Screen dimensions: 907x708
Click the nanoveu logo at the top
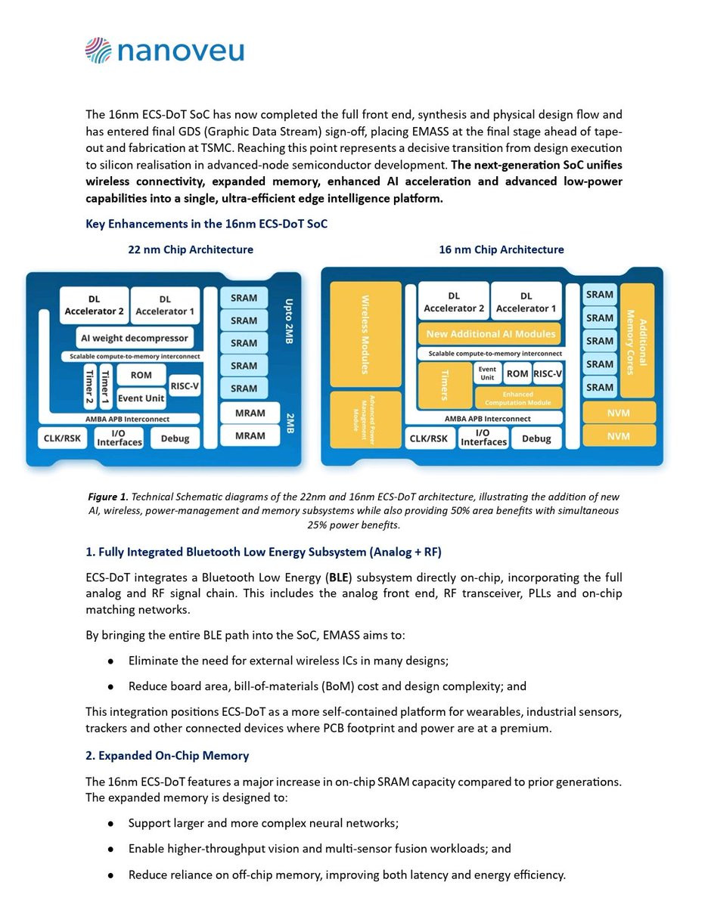[x=164, y=51]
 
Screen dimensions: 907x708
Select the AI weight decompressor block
[x=134, y=337]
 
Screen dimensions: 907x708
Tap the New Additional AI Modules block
[x=490, y=333]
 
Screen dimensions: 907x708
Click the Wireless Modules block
[x=365, y=334]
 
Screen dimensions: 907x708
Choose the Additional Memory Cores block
[x=637, y=341]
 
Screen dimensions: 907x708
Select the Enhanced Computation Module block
[x=518, y=398]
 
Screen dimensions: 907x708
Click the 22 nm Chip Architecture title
[x=191, y=249]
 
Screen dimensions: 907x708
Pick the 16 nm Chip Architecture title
[x=501, y=249]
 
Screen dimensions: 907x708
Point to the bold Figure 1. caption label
[x=106, y=497]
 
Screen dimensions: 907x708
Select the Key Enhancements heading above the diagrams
[x=206, y=224]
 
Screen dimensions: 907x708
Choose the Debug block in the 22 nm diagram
[x=175, y=438]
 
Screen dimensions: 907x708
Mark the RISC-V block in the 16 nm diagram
[x=547, y=373]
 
